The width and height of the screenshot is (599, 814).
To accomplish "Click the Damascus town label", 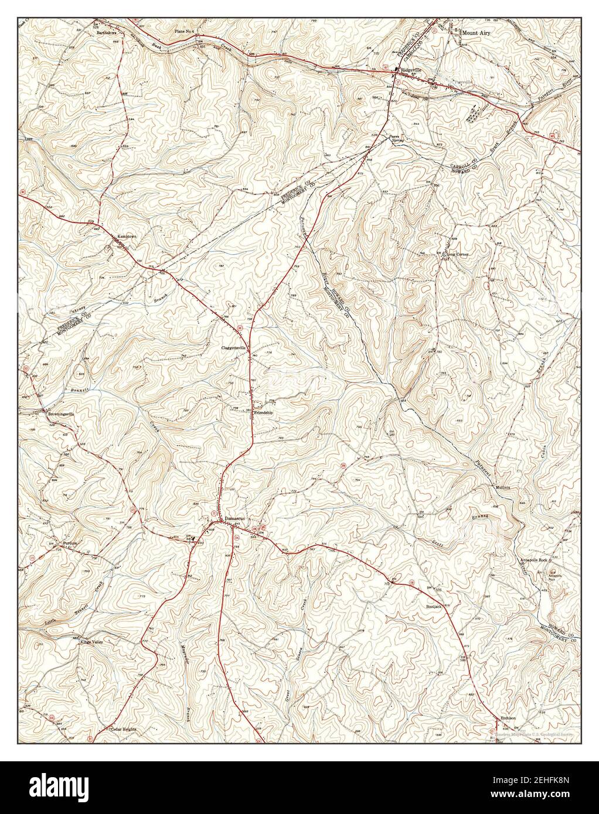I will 234,519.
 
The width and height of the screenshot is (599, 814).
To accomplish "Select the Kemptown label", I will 126,236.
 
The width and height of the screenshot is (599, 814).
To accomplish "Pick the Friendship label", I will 263,413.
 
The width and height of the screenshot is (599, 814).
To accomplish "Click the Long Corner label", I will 458,255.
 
